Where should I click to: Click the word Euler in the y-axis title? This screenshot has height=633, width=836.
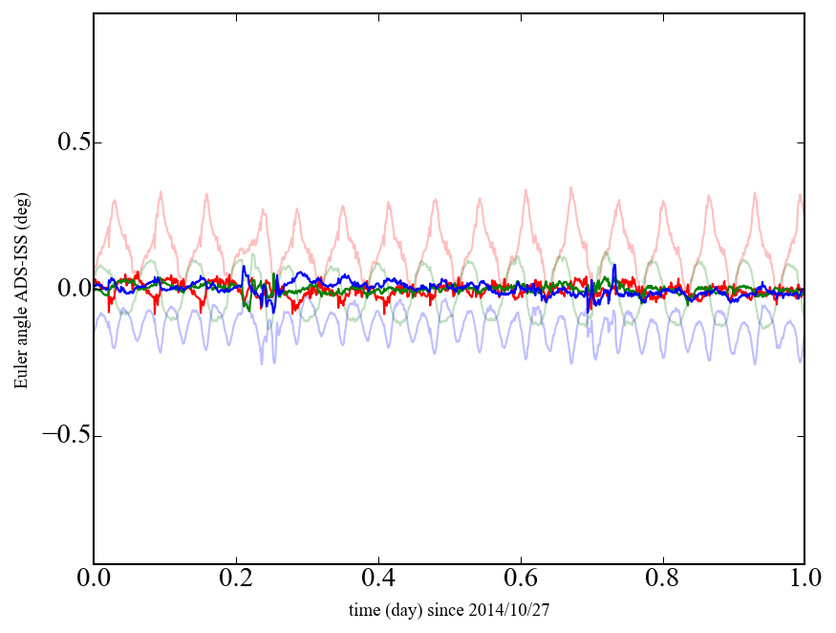(21, 373)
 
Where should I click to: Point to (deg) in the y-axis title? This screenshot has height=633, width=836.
(21, 205)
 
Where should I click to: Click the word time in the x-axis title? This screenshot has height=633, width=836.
(364, 609)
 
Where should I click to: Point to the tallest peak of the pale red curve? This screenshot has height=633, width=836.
(571, 187)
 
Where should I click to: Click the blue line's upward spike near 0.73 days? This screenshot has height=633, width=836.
(614, 265)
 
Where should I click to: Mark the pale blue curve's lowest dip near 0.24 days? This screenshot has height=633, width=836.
(262, 364)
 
